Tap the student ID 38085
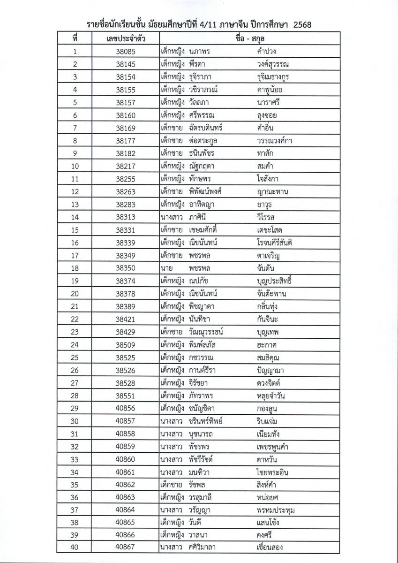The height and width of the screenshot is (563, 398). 125,52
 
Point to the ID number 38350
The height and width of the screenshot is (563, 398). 125,268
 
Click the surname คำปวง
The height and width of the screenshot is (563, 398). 265,52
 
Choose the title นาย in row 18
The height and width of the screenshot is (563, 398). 167,268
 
